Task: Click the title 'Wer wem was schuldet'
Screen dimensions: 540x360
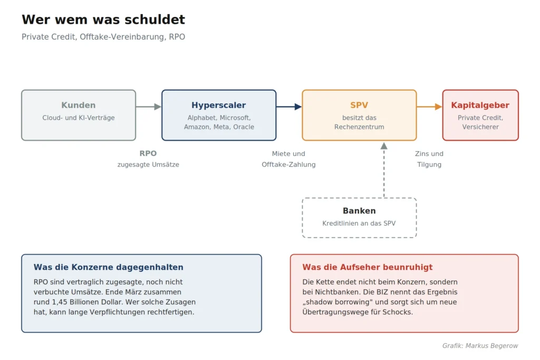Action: point(103,20)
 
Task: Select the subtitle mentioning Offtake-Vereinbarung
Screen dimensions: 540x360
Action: point(103,37)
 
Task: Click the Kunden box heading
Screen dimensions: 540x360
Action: point(79,105)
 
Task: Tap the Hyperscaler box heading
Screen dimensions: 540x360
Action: point(219,105)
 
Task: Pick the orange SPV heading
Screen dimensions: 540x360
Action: point(359,105)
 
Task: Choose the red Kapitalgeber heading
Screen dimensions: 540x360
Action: point(480,105)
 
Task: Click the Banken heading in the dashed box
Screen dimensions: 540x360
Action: point(359,211)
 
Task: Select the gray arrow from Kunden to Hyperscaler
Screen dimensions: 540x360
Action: point(148,106)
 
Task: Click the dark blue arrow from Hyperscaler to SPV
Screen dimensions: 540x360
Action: point(289,106)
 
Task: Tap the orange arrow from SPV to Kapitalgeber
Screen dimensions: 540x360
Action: point(429,106)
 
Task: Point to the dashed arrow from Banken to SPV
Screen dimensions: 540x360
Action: point(384,170)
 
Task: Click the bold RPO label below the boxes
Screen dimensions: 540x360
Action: point(148,153)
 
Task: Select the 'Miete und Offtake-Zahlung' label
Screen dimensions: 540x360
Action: point(288,159)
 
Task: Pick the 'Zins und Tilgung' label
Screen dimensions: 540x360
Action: point(429,159)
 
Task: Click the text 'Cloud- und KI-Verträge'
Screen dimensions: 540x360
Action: point(79,118)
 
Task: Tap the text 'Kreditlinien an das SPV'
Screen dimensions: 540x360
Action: point(359,223)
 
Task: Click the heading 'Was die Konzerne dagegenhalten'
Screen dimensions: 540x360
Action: point(109,267)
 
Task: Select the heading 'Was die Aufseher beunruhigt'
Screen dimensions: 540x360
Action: point(368,267)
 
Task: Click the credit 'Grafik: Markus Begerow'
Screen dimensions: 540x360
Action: point(480,346)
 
